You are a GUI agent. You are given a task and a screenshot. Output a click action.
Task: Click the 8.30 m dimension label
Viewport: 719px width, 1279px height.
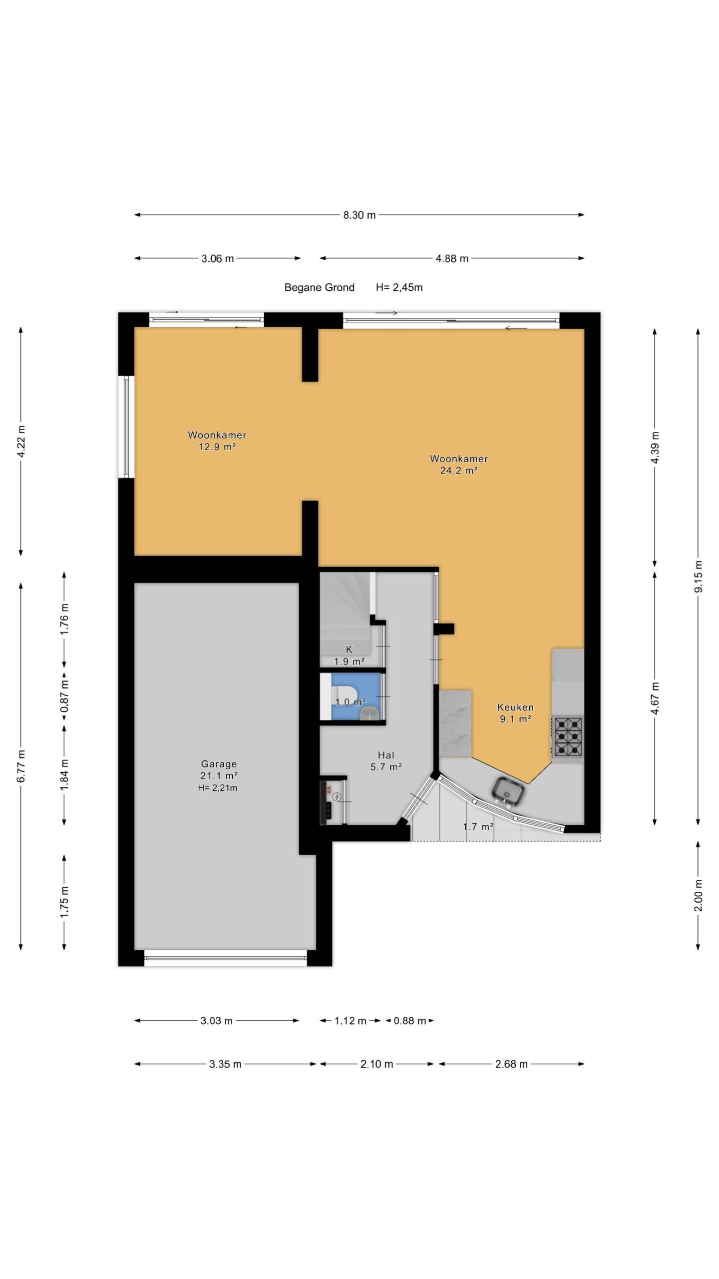pyautogui.click(x=359, y=215)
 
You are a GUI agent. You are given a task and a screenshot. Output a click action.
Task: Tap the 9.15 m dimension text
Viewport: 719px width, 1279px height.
pyautogui.click(x=698, y=577)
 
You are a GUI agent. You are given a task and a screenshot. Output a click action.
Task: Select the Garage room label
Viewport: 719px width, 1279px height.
pyautogui.click(x=219, y=764)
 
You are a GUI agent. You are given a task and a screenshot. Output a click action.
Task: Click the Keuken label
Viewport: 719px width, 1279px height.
pyautogui.click(x=515, y=707)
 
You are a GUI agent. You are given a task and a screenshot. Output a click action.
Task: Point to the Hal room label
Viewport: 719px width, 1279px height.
pyautogui.click(x=386, y=755)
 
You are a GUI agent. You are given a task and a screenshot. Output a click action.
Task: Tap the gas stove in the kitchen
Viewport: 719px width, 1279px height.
pyautogui.click(x=568, y=736)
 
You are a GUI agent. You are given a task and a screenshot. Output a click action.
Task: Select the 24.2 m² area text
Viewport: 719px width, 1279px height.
pyautogui.click(x=459, y=470)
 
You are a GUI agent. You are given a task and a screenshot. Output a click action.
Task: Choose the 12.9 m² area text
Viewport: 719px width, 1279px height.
pyautogui.click(x=217, y=447)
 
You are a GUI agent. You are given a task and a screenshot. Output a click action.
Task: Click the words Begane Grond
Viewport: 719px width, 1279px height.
pyautogui.click(x=320, y=287)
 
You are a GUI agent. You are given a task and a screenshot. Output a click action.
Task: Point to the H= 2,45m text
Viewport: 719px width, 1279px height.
pyautogui.click(x=399, y=287)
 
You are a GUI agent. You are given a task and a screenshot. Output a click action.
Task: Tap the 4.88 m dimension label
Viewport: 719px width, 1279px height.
pyautogui.click(x=452, y=259)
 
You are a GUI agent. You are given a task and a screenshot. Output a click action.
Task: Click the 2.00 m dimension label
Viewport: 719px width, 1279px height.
pyautogui.click(x=698, y=895)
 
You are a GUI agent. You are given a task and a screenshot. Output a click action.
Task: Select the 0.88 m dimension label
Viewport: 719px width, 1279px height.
pyautogui.click(x=410, y=1021)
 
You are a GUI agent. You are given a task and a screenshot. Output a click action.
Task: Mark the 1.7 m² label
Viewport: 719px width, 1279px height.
pyautogui.click(x=478, y=827)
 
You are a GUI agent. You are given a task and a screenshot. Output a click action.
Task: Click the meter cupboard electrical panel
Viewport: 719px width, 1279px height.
pyautogui.click(x=328, y=801)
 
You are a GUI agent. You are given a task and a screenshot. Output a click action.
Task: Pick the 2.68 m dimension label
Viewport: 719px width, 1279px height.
pyautogui.click(x=511, y=1064)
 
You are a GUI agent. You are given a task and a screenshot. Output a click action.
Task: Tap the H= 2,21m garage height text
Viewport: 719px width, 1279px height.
pyautogui.click(x=218, y=788)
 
